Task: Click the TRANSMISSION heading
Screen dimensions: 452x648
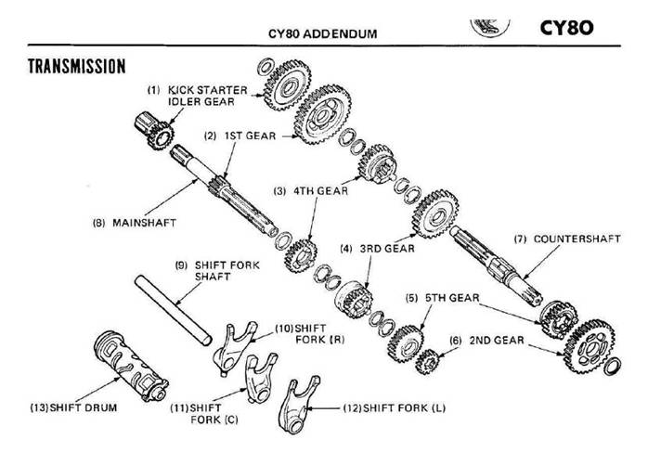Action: (77, 67)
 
